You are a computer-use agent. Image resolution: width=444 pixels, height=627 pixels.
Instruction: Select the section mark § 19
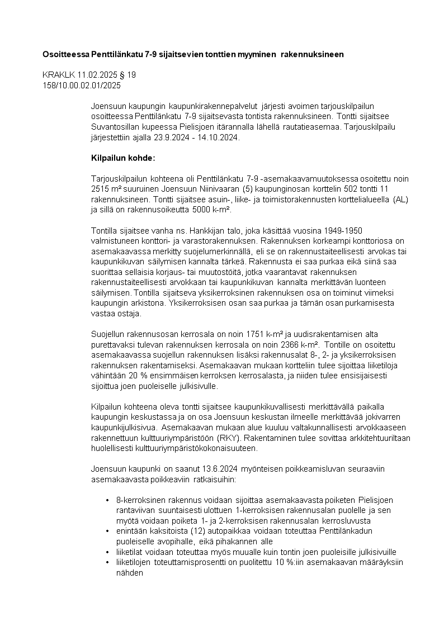(128, 75)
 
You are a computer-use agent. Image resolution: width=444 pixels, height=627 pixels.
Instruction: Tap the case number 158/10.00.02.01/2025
(81, 85)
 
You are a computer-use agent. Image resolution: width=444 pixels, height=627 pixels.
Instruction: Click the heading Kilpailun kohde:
(122, 158)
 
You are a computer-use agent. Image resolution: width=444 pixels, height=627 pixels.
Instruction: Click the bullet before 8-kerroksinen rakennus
(107, 499)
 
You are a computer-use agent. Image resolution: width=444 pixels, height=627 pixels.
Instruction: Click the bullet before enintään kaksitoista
(107, 530)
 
